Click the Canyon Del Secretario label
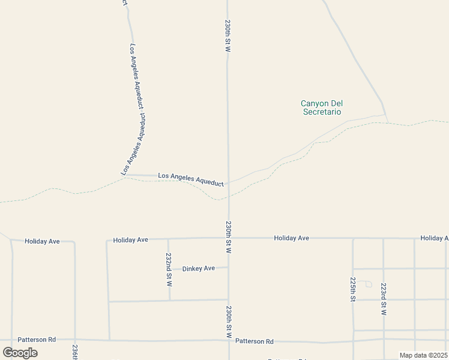tap(322, 107)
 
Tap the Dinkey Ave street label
tap(199, 268)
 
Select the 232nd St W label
tap(169, 268)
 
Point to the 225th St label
tap(353, 289)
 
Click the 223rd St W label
tap(384, 299)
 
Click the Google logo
tap(20, 352)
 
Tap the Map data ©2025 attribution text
tap(423, 355)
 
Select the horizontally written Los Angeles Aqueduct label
tap(190, 179)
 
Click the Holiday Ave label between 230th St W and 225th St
tap(291, 238)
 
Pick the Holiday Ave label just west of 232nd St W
tap(130, 240)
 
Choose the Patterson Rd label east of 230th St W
tap(254, 341)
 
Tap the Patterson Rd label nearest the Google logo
tap(36, 339)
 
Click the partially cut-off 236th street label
tap(75, 352)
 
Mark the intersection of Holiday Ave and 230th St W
tap(228, 238)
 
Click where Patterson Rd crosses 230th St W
tap(229, 340)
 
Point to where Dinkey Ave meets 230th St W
tap(228, 268)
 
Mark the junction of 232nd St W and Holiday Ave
tap(168, 239)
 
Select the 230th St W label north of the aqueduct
tap(228, 36)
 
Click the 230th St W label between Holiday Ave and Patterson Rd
tap(229, 322)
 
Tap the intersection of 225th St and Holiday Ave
tap(353, 238)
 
